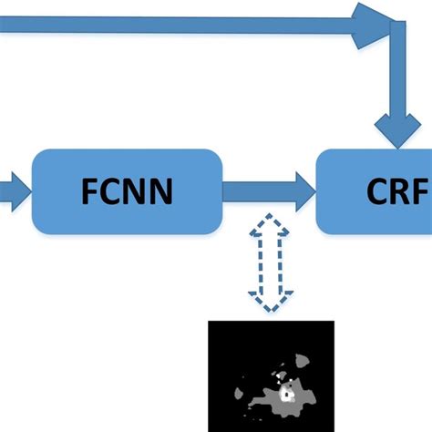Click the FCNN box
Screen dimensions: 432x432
[127, 192]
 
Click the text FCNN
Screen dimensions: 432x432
[127, 193]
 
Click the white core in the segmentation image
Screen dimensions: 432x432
[288, 395]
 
